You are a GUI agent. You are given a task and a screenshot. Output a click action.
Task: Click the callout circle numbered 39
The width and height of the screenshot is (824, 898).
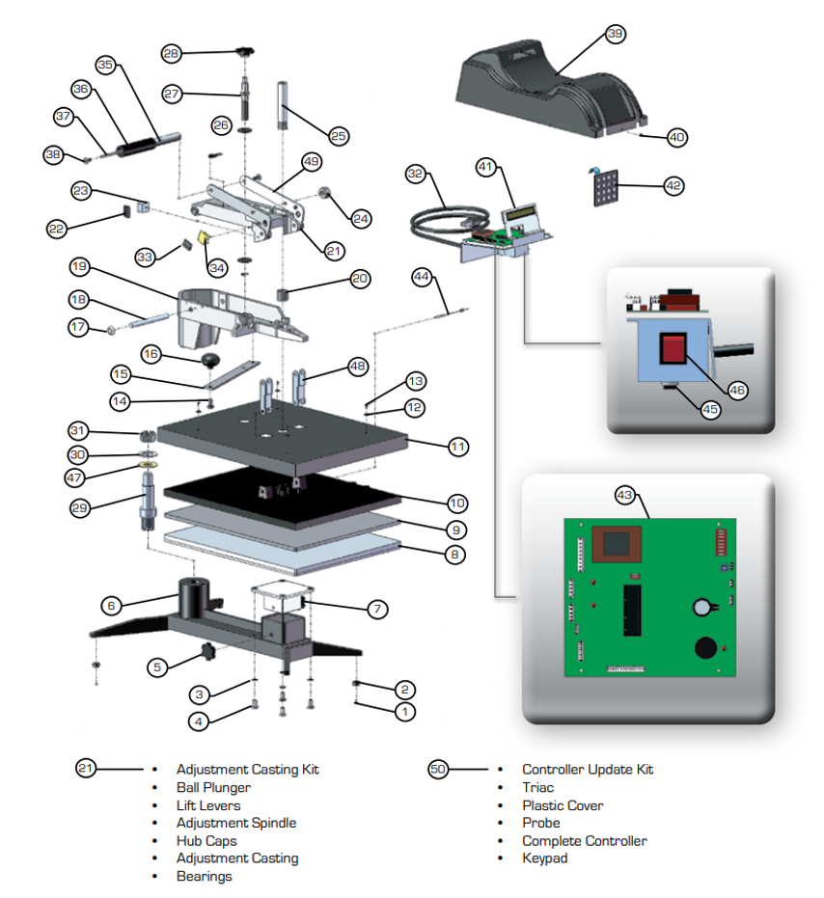click(615, 34)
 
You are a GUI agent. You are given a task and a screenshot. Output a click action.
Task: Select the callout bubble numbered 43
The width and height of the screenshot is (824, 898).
click(626, 496)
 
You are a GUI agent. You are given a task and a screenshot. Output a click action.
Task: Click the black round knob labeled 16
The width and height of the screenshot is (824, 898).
click(209, 362)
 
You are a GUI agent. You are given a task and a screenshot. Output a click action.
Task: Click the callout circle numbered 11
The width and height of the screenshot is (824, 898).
click(457, 447)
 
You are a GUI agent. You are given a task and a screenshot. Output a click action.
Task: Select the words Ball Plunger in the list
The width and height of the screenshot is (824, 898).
click(213, 787)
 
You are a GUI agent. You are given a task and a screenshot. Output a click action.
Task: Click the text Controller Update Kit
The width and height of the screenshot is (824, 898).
click(588, 770)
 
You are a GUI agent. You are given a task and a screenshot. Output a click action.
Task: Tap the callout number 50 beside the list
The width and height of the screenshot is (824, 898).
click(438, 770)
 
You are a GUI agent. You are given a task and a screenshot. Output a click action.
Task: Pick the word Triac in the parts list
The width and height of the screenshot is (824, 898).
click(538, 787)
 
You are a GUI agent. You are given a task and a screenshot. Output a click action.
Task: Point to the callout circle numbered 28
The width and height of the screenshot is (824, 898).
click(172, 54)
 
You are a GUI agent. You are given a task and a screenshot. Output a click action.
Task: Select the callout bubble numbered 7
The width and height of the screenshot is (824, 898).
click(377, 609)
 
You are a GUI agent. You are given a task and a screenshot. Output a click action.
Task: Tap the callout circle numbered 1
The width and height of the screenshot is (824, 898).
click(405, 712)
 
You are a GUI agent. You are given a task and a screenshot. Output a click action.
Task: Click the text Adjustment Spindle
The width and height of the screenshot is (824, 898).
click(236, 823)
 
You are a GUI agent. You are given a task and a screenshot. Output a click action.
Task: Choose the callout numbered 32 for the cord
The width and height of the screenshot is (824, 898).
click(416, 175)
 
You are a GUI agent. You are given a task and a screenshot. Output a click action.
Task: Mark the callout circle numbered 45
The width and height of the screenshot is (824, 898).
click(710, 409)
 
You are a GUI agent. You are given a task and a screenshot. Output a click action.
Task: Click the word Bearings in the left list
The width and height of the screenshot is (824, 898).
click(205, 876)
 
